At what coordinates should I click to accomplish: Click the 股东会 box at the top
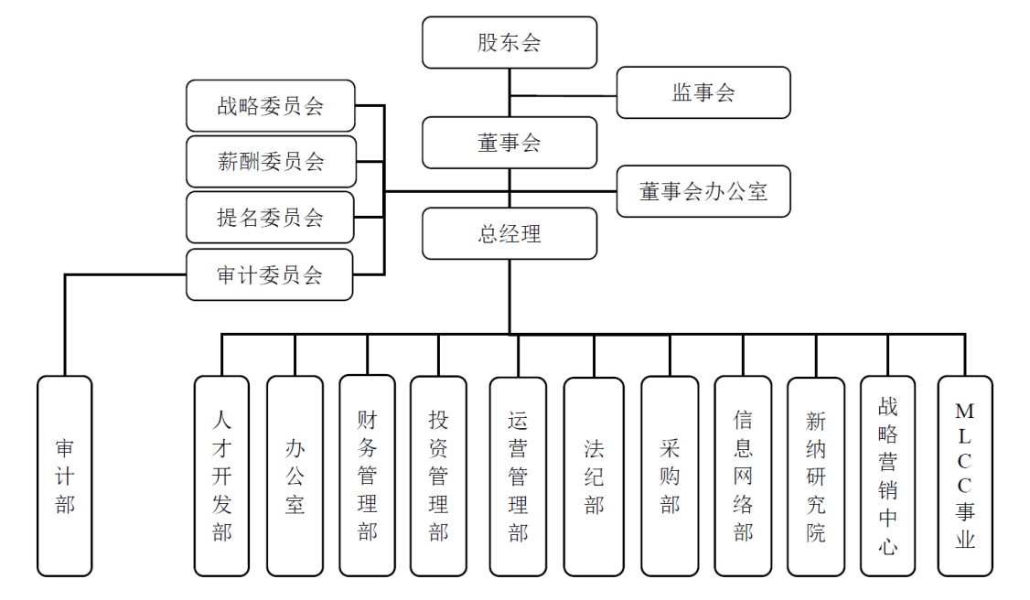click(x=510, y=43)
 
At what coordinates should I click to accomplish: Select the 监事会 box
click(x=703, y=92)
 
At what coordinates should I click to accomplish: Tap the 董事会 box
click(x=510, y=143)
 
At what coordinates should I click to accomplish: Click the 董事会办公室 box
click(x=703, y=191)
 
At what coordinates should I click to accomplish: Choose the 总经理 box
click(x=510, y=233)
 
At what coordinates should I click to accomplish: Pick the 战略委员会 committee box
click(x=270, y=106)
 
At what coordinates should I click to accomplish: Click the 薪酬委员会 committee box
click(x=270, y=162)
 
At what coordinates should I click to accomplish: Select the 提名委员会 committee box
click(x=270, y=218)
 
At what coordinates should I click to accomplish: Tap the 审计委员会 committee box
click(x=270, y=274)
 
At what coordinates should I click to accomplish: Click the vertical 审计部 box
click(x=65, y=476)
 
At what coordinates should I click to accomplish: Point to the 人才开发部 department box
click(x=221, y=476)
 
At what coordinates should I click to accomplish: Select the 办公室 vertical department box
click(x=295, y=476)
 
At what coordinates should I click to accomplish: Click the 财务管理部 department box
click(x=367, y=476)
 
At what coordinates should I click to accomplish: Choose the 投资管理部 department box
click(x=438, y=476)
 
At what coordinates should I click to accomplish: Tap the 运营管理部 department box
click(x=518, y=476)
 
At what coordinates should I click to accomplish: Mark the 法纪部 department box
click(x=594, y=476)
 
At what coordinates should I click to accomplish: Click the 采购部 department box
click(x=670, y=476)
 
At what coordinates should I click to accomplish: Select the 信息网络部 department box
click(x=743, y=476)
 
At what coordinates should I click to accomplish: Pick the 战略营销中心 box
click(x=887, y=476)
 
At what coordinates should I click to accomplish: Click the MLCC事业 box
click(x=964, y=476)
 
